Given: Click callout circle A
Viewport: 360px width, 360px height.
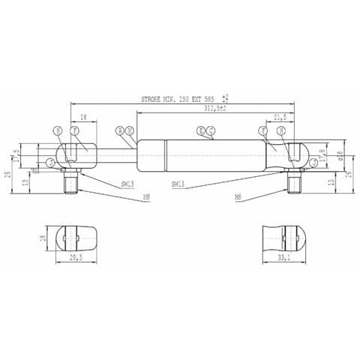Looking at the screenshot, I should [120, 130].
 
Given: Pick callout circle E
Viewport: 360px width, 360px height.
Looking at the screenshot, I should [201, 130].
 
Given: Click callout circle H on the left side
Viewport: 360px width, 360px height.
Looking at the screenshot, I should [58, 130].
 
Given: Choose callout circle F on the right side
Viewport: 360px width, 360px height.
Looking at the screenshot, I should [264, 130].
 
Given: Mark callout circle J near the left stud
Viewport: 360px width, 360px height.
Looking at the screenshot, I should [50, 162].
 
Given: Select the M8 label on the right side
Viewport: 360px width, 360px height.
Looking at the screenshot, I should [238, 198].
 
